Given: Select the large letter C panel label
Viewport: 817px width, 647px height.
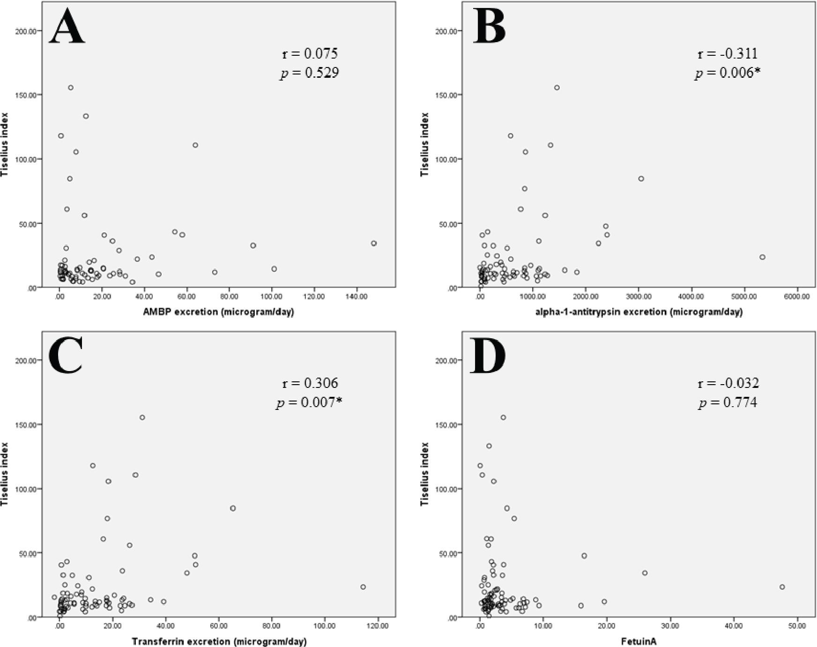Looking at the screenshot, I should pyautogui.click(x=66, y=356).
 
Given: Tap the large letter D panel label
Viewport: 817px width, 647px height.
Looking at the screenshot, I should pyautogui.click(x=488, y=356).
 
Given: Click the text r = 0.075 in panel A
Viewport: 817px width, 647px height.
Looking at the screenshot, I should pyautogui.click(x=310, y=53).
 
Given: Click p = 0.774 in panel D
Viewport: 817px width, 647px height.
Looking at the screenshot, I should pyautogui.click(x=728, y=402).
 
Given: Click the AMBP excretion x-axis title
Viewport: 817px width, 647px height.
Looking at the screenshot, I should pyautogui.click(x=218, y=312).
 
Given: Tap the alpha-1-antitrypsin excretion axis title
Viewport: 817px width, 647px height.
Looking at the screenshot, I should pyautogui.click(x=639, y=312).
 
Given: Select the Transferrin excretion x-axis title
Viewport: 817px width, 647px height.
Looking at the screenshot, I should pyautogui.click(x=219, y=641).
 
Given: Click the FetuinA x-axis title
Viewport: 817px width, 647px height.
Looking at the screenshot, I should pyautogui.click(x=639, y=641).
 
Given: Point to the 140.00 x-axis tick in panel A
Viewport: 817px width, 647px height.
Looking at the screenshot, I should pyautogui.click(x=357, y=297).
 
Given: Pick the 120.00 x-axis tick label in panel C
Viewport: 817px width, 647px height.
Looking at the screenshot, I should pyautogui.click(x=378, y=626).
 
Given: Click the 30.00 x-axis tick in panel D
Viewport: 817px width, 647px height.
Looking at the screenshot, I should pyautogui.click(x=670, y=626).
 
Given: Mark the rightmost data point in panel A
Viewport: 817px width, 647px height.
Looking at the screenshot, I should pyautogui.click(x=374, y=243).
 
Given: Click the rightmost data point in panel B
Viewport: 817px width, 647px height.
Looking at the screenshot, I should pyautogui.click(x=762, y=257).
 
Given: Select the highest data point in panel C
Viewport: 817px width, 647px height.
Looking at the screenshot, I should pyautogui.click(x=142, y=417).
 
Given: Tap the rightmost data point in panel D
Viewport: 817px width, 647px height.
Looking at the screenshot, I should pyautogui.click(x=782, y=587).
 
